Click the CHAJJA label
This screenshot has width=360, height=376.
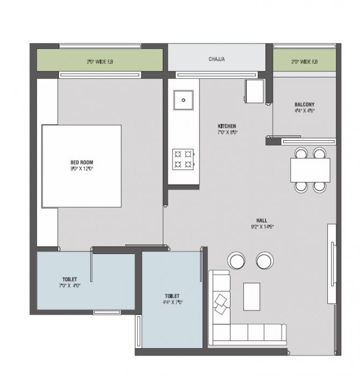(217, 59)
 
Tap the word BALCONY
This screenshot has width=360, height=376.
(305, 104)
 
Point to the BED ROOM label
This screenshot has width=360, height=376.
(82, 162)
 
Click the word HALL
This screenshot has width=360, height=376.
(262, 220)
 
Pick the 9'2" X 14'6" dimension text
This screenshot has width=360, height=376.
(262, 226)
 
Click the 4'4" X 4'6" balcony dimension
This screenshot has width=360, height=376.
(305, 111)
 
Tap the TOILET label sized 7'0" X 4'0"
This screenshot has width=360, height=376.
(70, 279)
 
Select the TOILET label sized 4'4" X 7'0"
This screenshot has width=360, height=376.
(172, 296)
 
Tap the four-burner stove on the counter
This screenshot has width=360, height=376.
(183, 160)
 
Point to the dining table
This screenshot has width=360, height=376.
(310, 170)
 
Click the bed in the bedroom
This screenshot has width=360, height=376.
(82, 165)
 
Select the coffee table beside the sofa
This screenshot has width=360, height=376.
(251, 296)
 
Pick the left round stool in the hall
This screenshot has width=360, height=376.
(236, 261)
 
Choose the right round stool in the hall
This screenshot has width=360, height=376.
(264, 261)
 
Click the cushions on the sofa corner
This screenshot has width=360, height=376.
(221, 303)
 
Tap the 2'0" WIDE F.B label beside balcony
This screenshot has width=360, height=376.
(305, 62)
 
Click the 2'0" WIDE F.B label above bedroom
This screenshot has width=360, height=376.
(100, 62)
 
